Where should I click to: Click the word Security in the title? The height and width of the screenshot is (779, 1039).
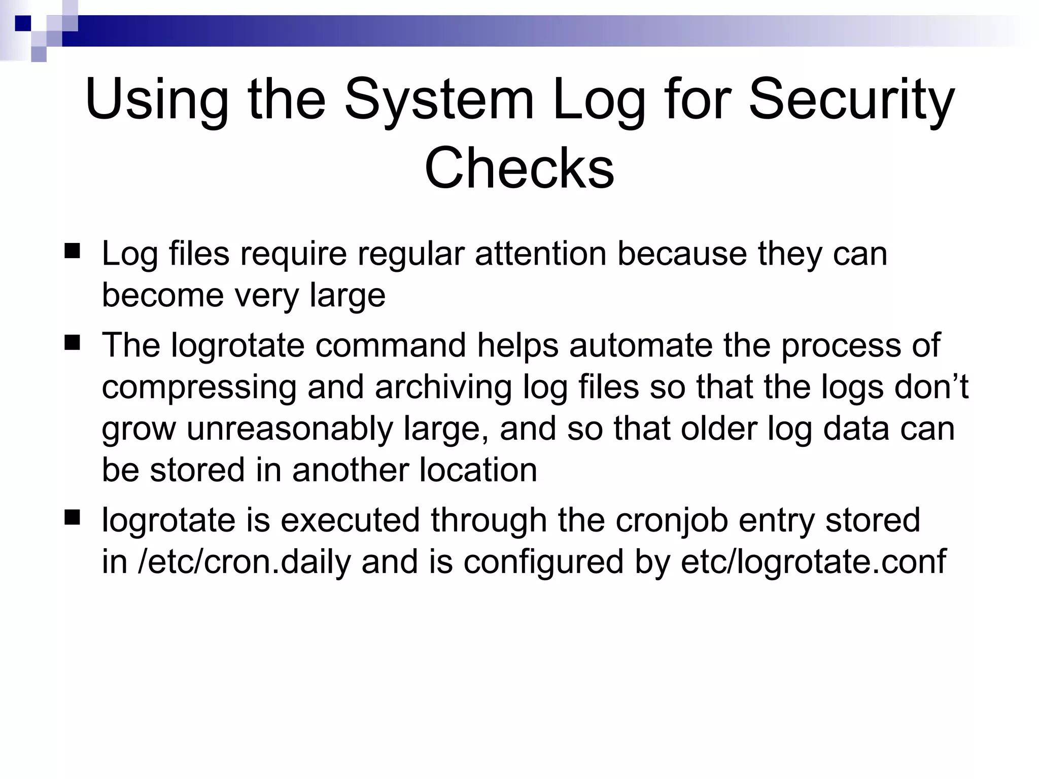[851, 99]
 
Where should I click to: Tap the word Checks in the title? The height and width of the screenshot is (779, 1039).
[519, 168]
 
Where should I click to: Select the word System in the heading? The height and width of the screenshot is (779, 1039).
[439, 99]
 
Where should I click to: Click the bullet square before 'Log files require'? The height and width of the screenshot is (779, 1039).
[73, 251]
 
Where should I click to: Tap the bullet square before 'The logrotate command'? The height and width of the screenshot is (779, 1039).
[73, 343]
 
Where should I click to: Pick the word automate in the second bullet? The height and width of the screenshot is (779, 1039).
[641, 345]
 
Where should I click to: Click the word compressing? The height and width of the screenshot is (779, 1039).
[199, 387]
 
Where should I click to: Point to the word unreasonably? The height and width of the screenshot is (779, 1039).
[290, 429]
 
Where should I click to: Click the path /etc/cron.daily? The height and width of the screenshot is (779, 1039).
[244, 562]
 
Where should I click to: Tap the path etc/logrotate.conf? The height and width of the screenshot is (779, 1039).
[813, 562]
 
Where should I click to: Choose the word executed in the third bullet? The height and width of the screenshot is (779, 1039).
[350, 520]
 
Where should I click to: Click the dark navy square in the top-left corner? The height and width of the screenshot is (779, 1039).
[23, 23]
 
